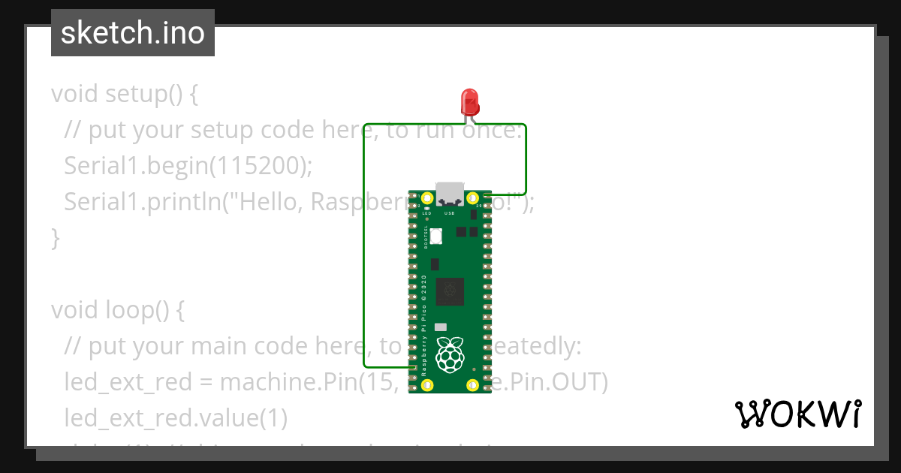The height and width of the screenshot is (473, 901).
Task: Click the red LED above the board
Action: [x=469, y=101]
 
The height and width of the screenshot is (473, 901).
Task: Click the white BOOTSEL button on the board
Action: [x=436, y=236]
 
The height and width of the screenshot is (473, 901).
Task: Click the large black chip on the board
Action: [x=450, y=291]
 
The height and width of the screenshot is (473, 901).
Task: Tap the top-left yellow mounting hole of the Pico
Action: [x=427, y=199]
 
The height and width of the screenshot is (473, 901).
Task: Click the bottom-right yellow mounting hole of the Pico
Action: [x=473, y=385]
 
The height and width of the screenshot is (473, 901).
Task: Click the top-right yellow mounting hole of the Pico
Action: [x=473, y=199]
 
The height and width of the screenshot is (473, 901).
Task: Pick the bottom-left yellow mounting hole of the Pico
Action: [x=427, y=385]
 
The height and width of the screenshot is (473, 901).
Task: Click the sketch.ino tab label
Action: [x=133, y=33]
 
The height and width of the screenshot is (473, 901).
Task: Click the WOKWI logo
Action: [x=797, y=414]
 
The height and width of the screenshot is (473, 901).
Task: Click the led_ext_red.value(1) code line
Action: [x=176, y=417]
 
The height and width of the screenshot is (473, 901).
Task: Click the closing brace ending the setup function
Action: [x=55, y=239]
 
